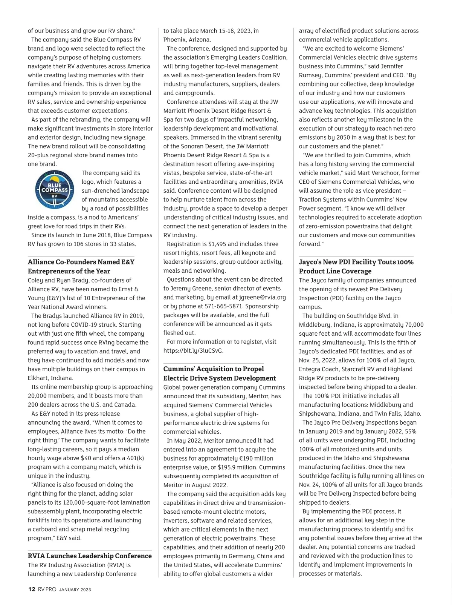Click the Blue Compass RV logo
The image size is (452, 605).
tap(54, 190)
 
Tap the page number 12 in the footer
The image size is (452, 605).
tap(32, 589)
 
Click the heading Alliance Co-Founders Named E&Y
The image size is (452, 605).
tap(81, 262)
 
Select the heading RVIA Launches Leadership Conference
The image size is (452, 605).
tap(90, 556)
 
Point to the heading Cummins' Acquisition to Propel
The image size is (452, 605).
tap(214, 369)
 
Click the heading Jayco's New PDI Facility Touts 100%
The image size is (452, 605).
tap(356, 262)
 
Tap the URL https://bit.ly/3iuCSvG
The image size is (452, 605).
tap(193, 350)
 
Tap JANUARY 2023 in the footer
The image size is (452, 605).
tap(75, 590)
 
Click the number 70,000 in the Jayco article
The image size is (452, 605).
tap(414, 324)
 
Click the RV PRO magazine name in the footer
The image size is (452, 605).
tap(47, 589)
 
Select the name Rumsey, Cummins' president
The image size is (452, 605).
tap(311, 75)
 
